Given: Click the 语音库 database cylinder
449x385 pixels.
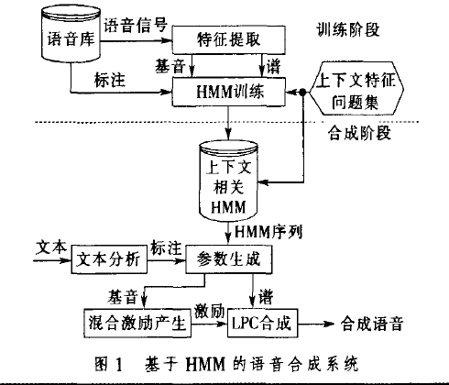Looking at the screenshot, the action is coord(71,34).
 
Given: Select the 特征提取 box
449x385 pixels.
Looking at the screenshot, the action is coord(229,40).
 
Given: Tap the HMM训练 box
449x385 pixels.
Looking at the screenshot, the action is coord(229,92).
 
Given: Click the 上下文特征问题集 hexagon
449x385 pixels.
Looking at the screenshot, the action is coord(356,89).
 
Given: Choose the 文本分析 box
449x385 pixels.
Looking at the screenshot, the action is coord(109,259).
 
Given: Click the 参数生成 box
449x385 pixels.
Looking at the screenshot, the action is coord(229,259).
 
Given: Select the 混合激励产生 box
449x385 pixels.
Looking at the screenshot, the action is coord(137,323).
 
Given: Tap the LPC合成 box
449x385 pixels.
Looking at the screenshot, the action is coord(263,323).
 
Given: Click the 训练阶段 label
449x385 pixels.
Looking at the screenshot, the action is coord(348,29).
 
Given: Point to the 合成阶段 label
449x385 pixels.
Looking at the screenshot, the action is coord(359,133).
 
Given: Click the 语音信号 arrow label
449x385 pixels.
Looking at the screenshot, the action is coord(136,25).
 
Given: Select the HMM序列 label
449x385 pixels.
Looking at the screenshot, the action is coord(268,232).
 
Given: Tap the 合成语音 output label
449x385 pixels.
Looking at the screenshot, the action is coord(372,324).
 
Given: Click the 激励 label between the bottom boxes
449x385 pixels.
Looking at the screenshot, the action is coord(210,312).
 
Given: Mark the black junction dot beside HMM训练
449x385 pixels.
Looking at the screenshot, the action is coord(302,92).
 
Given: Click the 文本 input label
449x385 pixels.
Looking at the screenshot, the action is coord(51,247).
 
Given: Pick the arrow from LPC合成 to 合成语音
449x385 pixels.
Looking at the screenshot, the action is coord(316,324).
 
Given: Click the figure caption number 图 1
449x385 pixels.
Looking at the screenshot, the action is coord(109,364).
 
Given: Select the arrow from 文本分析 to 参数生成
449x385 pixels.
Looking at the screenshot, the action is coord(167,260).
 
